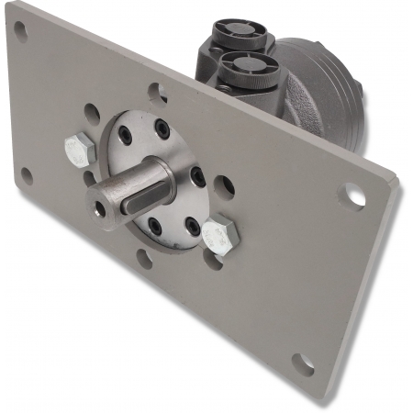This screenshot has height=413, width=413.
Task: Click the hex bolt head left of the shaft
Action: (x=78, y=146)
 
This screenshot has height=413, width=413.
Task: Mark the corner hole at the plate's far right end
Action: (x=352, y=194)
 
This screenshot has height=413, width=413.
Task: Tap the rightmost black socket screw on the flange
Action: (x=196, y=176)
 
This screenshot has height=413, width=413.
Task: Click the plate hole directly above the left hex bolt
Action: (x=92, y=115)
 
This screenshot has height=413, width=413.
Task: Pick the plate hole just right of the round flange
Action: (x=223, y=186)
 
